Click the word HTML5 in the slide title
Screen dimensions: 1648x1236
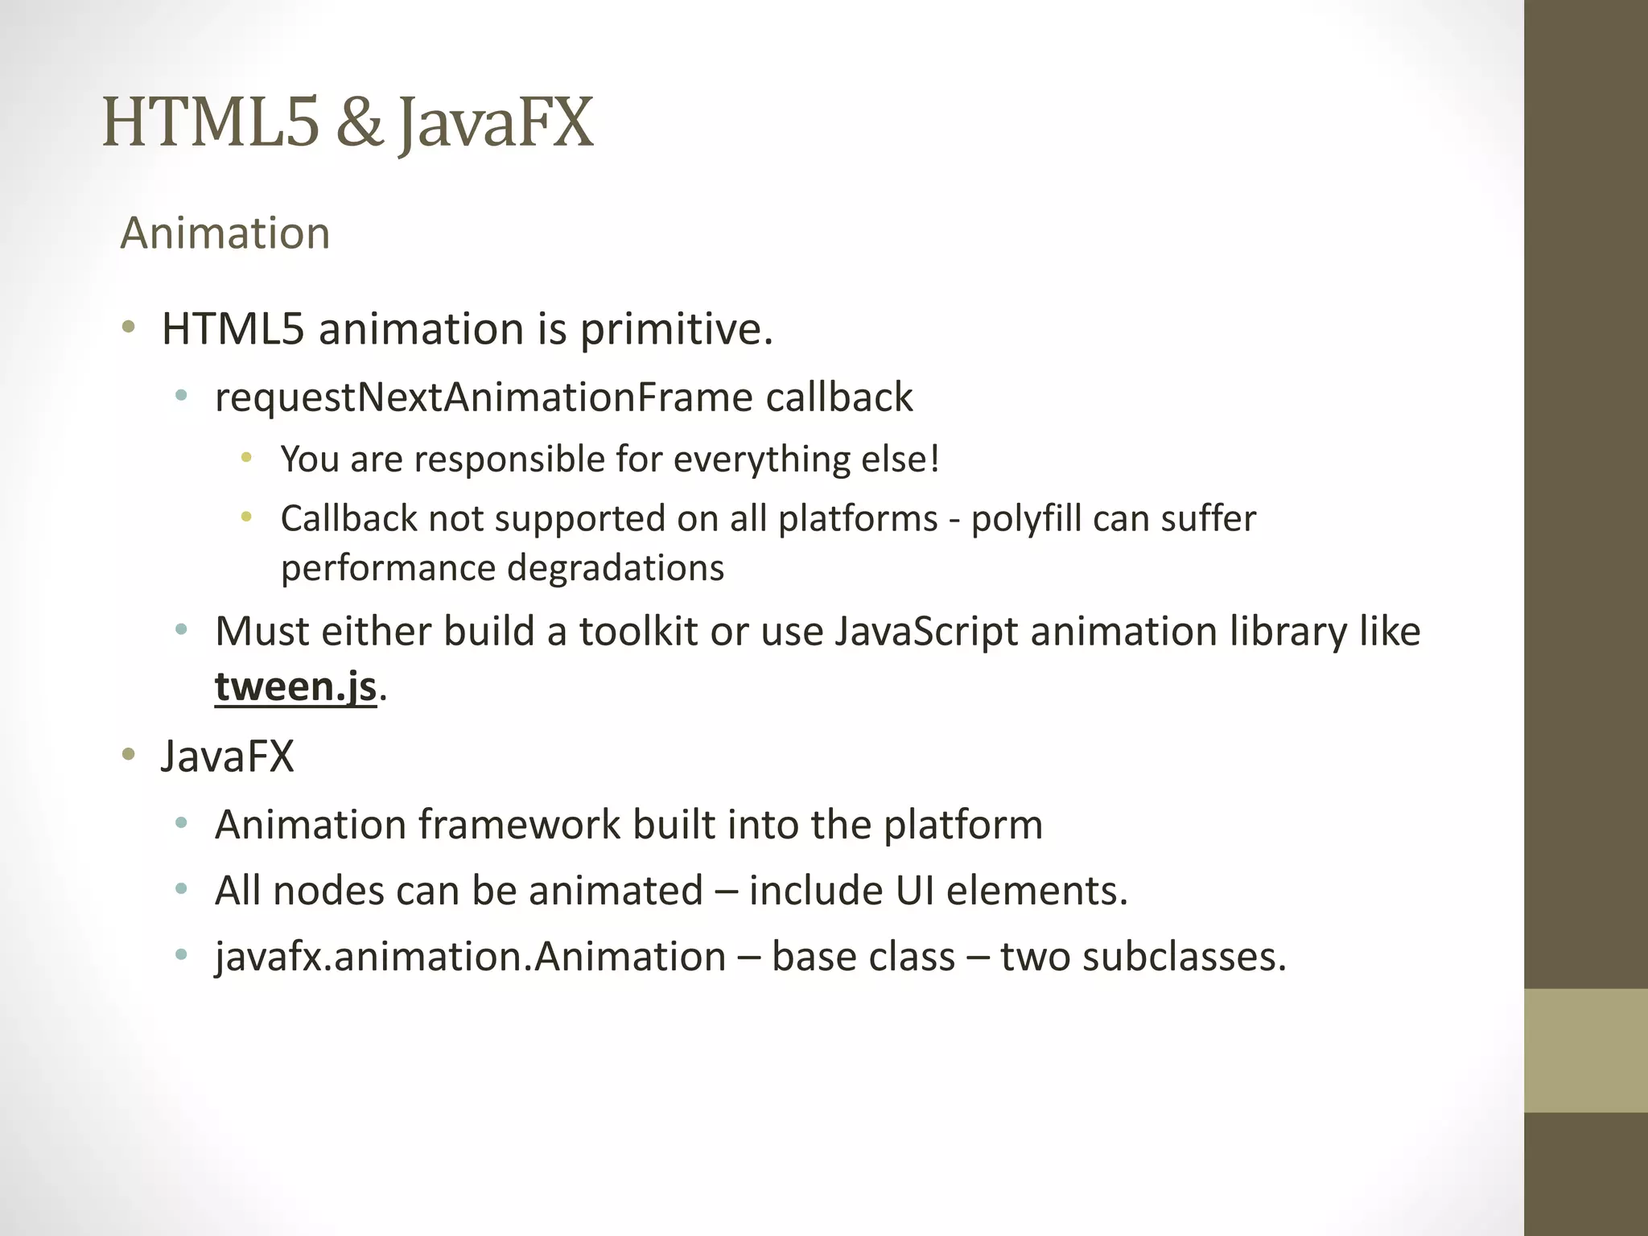[211, 122]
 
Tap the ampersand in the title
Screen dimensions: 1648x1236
[360, 122]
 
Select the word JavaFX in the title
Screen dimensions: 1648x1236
[496, 124]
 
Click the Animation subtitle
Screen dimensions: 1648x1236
[225, 233]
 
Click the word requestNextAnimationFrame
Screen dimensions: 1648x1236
[483, 398]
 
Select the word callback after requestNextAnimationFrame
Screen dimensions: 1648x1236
[838, 398]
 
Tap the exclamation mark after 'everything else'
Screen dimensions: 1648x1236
[933, 459]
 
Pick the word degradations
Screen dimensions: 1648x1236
[615, 568]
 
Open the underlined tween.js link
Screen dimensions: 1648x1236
[295, 686]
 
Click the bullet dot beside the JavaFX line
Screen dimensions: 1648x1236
[128, 756]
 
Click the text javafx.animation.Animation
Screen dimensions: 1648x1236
[471, 957]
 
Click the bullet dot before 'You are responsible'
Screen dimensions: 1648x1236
[246, 458]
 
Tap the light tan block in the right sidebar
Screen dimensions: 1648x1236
[1586, 1050]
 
